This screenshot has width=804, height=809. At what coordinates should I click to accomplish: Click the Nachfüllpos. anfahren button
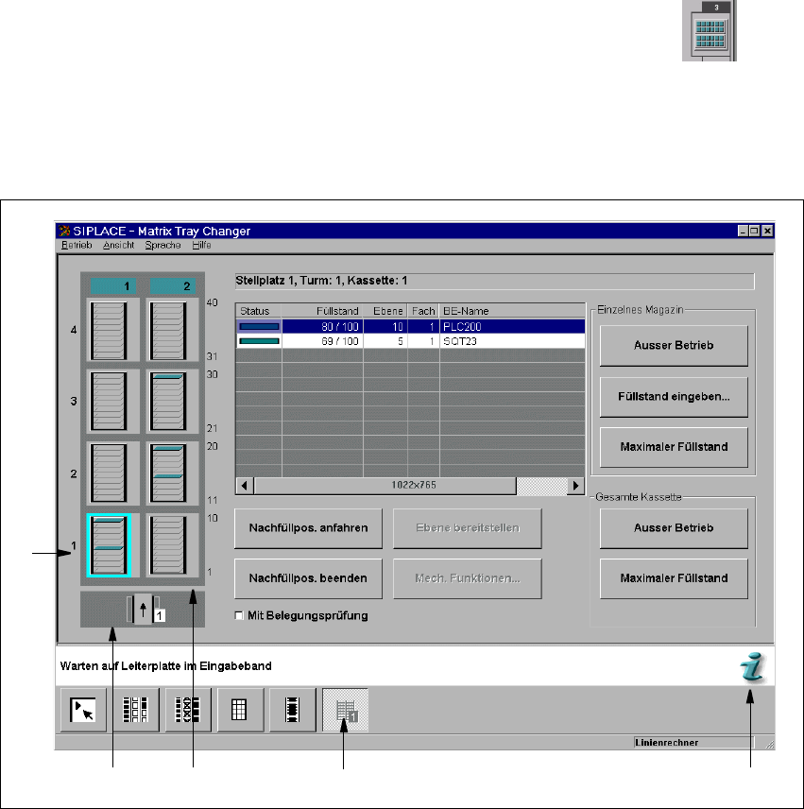[x=308, y=527]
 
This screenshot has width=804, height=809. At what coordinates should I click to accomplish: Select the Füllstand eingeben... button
[x=674, y=397]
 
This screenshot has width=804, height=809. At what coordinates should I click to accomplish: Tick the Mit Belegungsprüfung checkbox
[x=239, y=616]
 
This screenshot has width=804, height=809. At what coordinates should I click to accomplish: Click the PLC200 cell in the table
[x=510, y=326]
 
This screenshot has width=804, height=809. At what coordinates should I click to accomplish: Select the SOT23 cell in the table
[x=510, y=341]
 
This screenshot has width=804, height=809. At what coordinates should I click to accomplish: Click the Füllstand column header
[x=334, y=311]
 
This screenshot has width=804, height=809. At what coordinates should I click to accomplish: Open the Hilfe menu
[x=201, y=245]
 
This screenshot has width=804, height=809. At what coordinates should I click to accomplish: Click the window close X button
[x=767, y=231]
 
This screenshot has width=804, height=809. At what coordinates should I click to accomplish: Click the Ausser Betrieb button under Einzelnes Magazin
[x=674, y=346]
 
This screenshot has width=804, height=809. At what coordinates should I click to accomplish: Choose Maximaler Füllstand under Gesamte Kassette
[x=674, y=577]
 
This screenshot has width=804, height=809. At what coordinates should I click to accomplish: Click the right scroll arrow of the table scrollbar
[x=575, y=486]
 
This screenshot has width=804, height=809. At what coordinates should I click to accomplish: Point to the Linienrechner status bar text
[x=667, y=743]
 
